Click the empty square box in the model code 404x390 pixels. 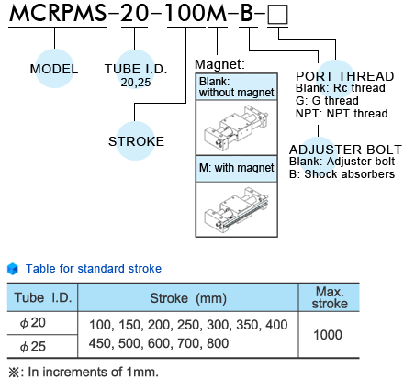click(x=277, y=15)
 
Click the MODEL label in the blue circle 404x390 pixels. click(x=54, y=69)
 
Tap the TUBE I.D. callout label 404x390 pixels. click(x=136, y=69)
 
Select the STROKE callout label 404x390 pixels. click(x=136, y=141)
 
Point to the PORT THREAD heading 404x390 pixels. click(x=344, y=76)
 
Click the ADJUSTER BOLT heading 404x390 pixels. click(x=345, y=150)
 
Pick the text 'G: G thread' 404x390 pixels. click(x=327, y=101)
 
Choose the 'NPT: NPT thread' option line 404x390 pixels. click(x=342, y=114)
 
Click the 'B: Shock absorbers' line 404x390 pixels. click(x=342, y=174)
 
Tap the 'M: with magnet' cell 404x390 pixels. click(x=237, y=168)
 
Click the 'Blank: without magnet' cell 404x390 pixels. click(x=237, y=87)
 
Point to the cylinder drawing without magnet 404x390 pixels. click(x=236, y=128)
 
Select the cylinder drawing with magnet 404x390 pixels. click(x=236, y=208)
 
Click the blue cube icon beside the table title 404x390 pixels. click(x=13, y=269)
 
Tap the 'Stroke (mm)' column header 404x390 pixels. click(x=188, y=298)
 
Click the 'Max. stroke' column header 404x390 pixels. click(x=330, y=297)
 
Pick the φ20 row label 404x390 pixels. click(x=33, y=323)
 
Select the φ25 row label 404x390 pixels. click(x=33, y=347)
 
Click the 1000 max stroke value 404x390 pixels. click(x=328, y=335)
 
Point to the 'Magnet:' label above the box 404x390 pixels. click(x=219, y=64)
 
